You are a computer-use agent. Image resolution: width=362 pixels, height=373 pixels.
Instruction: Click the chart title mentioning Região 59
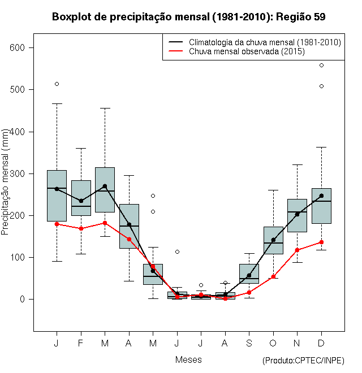188,17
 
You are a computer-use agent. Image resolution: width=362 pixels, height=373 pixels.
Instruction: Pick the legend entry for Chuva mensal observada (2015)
247,51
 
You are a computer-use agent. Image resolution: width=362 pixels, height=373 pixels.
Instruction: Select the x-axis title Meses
188,359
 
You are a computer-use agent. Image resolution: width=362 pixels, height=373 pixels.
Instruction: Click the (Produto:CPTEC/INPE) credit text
303,361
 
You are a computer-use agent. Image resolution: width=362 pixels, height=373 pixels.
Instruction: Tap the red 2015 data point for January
57,224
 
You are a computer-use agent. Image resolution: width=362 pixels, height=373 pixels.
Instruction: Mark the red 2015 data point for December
321,242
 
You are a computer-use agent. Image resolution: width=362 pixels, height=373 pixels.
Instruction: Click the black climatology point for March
105,186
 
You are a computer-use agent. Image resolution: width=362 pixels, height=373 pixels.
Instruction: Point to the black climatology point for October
273,240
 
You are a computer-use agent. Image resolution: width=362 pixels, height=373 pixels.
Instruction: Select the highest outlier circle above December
321,66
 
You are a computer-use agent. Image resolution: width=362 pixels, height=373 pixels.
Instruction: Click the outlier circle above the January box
57,84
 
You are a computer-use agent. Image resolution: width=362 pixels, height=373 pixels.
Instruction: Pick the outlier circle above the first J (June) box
177,251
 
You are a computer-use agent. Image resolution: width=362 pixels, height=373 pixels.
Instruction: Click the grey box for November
297,215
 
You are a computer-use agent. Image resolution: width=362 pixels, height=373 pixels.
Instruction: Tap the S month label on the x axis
249,343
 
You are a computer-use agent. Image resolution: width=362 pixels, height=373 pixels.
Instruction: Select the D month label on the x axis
321,343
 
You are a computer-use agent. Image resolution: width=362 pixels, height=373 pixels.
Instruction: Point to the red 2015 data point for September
249,292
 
